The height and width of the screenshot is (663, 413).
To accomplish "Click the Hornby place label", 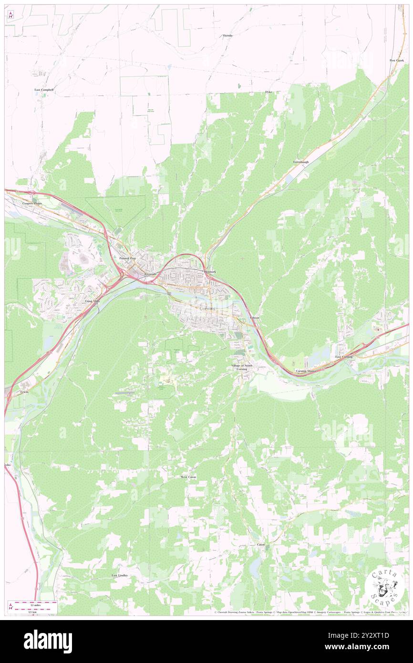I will coord(227,36).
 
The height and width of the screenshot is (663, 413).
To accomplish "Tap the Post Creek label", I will coord(396,61).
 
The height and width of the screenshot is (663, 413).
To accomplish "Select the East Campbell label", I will coord(44,90).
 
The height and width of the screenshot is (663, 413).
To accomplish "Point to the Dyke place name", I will coord(268,92).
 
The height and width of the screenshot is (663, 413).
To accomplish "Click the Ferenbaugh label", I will coord(301,162).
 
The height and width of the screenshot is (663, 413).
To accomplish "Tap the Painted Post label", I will coord(128,258).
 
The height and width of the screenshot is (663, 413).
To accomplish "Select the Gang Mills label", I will coord(93,301).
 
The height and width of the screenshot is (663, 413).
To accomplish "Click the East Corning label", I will coord(344,357).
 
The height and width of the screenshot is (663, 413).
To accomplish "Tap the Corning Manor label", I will coord(306,371).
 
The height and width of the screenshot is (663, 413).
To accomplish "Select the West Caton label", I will coord(188,477).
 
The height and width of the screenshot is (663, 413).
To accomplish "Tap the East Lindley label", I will coord(121,576).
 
